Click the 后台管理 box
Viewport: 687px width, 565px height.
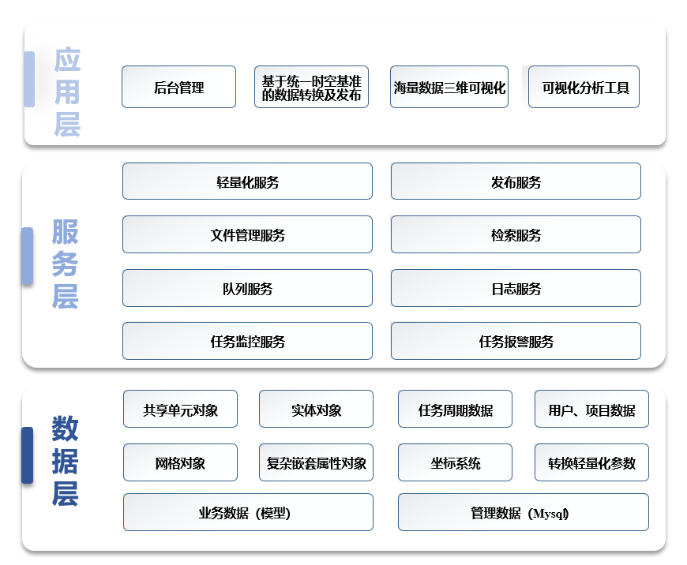point(178,87)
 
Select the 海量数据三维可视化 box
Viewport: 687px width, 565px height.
point(449,87)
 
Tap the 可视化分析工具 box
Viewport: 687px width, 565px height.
point(584,87)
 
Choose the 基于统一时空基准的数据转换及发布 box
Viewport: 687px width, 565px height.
point(311,87)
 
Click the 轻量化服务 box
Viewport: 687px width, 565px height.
point(247,181)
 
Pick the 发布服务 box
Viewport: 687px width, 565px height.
point(516,181)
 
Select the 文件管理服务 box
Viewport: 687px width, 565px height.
point(247,234)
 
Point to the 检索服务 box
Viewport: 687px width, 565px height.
point(516,234)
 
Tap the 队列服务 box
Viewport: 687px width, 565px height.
point(247,288)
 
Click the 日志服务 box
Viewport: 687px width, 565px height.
point(516,288)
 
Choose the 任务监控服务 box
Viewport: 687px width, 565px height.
point(247,341)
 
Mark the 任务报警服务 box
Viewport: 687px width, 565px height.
point(516,341)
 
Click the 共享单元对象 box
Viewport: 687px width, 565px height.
point(180,409)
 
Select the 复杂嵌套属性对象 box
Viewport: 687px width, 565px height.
point(317,462)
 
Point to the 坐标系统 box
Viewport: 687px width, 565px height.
point(455,462)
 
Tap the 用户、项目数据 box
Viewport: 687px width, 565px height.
point(591,409)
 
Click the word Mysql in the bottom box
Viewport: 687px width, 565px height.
point(550,514)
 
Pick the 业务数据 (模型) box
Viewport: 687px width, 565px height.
point(248,512)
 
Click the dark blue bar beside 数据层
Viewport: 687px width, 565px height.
point(27,455)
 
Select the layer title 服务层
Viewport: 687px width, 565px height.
point(65,264)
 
